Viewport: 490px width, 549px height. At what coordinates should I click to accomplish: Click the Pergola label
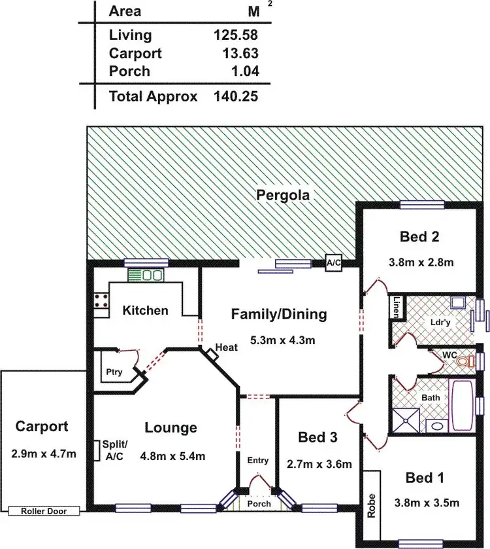pyautogui.click(x=283, y=194)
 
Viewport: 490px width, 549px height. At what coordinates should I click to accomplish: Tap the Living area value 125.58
pyautogui.click(x=236, y=35)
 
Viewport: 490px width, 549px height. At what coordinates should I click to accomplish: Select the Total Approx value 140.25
pyautogui.click(x=236, y=97)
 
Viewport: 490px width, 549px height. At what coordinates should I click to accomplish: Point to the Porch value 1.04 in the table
pyautogui.click(x=242, y=71)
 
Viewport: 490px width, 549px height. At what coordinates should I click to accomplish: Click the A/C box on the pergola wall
pyautogui.click(x=334, y=263)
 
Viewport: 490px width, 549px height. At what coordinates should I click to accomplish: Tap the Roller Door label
pyautogui.click(x=41, y=511)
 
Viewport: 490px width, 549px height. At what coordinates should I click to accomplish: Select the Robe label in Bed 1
pyautogui.click(x=372, y=505)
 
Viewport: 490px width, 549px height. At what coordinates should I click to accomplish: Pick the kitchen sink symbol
pyautogui.click(x=145, y=275)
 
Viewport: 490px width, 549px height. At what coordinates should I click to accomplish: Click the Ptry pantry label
pyautogui.click(x=114, y=372)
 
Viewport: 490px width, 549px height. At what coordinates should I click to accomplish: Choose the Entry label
pyautogui.click(x=258, y=460)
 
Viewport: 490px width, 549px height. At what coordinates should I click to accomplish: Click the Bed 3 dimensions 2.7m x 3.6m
pyautogui.click(x=319, y=465)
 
